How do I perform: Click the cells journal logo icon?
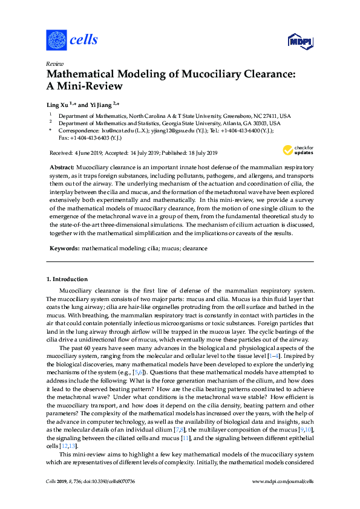click(x=57, y=40)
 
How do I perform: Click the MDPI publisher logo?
click(x=299, y=41)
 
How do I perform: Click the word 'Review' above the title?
click(x=55, y=63)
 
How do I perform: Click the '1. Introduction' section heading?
click(x=67, y=279)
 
